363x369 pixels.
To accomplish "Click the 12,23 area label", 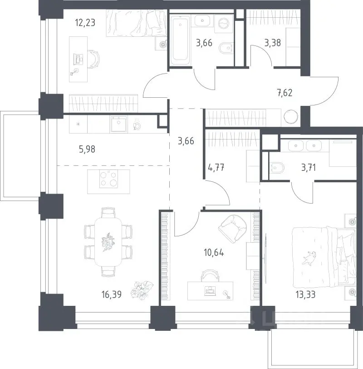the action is [85, 23].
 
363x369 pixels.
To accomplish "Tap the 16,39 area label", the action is [112, 294].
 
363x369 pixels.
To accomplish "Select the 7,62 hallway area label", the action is [285, 93].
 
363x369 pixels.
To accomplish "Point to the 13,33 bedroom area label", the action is [305, 294].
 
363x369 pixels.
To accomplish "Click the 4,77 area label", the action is [216, 168].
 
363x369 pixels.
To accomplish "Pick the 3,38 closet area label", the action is [273, 43].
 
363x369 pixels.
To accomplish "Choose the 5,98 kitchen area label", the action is [87, 149].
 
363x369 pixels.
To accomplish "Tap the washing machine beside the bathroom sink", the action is [224, 24].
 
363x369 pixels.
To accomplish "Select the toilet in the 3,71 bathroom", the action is [277, 168].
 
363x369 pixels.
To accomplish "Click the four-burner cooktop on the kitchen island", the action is [108, 179].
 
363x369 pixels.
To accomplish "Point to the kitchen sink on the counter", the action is [119, 124].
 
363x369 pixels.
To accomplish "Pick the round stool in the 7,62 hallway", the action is [291, 116].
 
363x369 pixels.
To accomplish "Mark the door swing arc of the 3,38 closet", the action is [265, 51].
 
